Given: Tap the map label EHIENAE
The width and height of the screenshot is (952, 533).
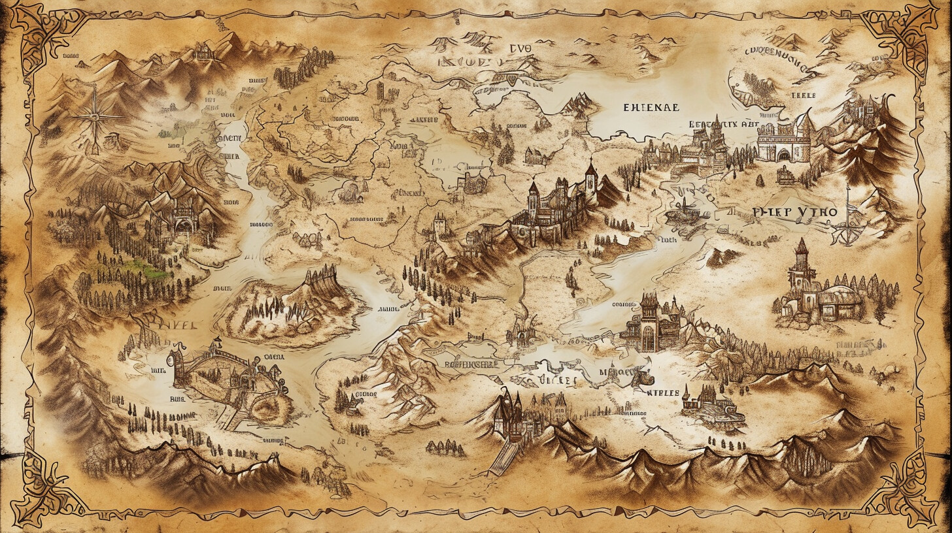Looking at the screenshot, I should pyautogui.click(x=651, y=107).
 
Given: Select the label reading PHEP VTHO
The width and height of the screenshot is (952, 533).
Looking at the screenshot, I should pyautogui.click(x=794, y=212).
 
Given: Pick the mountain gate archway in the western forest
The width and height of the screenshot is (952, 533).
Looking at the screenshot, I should pyautogui.click(x=184, y=224).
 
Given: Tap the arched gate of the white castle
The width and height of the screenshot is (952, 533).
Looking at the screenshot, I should pyautogui.click(x=782, y=155).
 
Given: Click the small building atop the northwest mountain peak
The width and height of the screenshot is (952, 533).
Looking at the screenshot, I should pyautogui.click(x=203, y=50).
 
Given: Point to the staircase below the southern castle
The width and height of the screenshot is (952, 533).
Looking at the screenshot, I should pyautogui.click(x=501, y=457).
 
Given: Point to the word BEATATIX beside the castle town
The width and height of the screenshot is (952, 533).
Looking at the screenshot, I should pyautogui.click(x=713, y=123).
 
